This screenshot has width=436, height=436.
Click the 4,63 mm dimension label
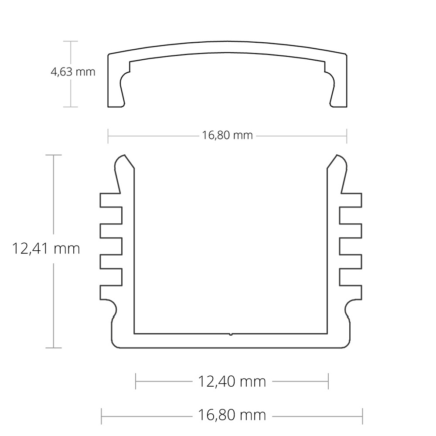(x=73, y=72)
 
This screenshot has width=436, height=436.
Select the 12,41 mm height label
(x=46, y=249)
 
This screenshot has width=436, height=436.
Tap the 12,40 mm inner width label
(x=232, y=382)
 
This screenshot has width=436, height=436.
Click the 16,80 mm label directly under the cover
(x=227, y=135)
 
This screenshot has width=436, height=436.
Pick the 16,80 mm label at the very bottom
(x=232, y=415)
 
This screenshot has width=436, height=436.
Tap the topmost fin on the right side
(x=351, y=200)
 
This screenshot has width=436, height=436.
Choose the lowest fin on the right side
(x=351, y=292)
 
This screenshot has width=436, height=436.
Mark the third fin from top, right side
(x=351, y=261)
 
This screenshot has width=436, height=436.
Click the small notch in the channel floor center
(x=231, y=334)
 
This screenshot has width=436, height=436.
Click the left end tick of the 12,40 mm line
(x=136, y=381)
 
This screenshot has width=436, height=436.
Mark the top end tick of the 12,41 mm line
(x=54, y=155)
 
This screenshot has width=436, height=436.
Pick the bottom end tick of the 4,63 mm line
(x=71, y=107)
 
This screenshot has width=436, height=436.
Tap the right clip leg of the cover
(x=339, y=94)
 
